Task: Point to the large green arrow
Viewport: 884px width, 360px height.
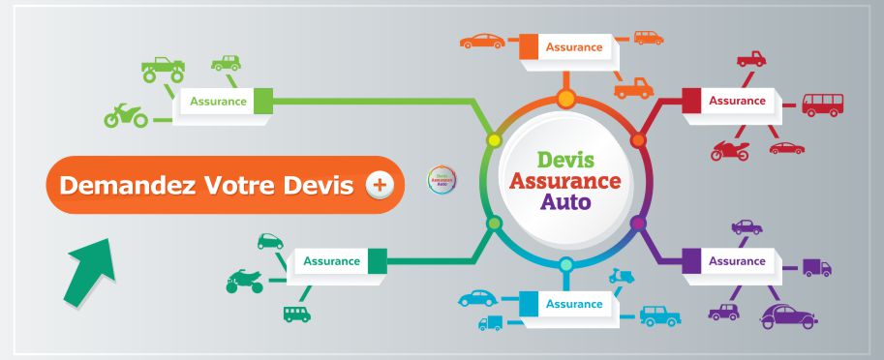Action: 89,272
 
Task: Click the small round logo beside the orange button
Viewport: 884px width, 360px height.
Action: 442,180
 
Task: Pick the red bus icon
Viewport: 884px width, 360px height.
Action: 822,105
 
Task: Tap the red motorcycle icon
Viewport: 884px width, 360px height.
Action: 730,151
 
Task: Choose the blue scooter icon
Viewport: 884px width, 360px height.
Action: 620,277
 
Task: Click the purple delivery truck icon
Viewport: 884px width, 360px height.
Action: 817,267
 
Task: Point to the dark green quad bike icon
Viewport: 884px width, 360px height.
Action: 244,282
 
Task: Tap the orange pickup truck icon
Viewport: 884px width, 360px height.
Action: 633,88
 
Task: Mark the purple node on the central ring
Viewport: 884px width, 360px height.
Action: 638,224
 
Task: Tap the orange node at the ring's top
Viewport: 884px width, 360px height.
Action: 565,98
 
